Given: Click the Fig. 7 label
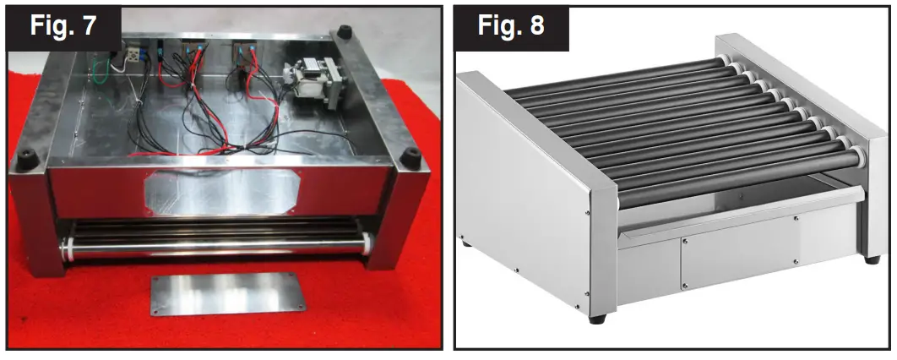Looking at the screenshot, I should click(63, 26).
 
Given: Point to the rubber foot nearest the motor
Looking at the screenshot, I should click(344, 33).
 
